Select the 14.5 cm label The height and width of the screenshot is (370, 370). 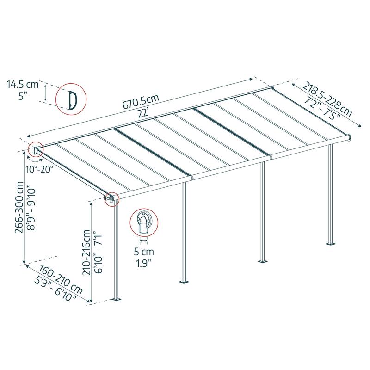point(22,85)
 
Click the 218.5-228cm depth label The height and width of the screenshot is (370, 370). point(327,99)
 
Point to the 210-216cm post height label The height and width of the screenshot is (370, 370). point(87,247)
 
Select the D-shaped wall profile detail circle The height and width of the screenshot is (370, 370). point(71,99)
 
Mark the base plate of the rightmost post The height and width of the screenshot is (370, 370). point(331,242)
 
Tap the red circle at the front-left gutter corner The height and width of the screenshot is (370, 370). point(111,199)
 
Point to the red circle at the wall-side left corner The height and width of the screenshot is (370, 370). point(35,150)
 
